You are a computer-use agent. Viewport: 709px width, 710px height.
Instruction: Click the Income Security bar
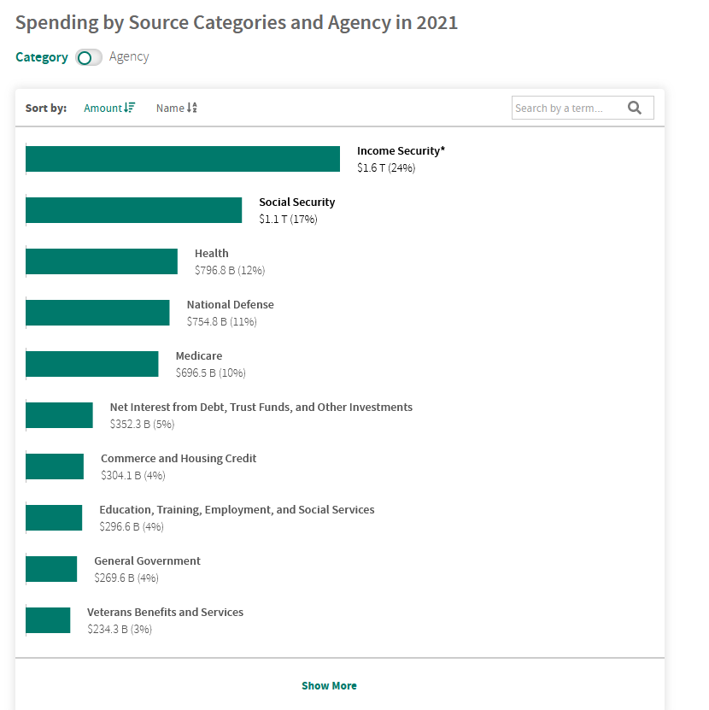coord(183,159)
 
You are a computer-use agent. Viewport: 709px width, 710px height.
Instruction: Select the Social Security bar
coord(134,210)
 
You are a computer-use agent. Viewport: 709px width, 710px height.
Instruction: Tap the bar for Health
coord(102,261)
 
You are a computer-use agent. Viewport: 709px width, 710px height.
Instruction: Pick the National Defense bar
coord(97,313)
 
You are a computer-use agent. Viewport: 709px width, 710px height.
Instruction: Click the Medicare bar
coord(92,364)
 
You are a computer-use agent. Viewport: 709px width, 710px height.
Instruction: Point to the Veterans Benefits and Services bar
coord(48,620)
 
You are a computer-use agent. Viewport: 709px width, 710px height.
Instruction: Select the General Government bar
coord(51,569)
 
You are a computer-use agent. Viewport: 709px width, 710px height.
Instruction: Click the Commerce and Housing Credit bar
coord(55,466)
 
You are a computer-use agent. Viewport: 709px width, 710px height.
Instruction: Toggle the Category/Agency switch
coord(88,57)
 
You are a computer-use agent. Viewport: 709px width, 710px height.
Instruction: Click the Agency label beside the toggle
coord(129,56)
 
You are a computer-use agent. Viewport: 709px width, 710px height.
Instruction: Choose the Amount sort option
coord(109,108)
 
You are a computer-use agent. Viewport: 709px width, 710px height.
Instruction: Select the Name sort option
coord(177,108)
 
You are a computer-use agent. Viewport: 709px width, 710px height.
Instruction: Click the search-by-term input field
coord(565,108)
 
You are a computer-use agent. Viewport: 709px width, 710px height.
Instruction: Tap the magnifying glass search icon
coord(634,108)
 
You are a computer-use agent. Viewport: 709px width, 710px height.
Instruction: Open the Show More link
coord(329,685)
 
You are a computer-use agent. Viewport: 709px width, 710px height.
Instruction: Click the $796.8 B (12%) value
coord(230,270)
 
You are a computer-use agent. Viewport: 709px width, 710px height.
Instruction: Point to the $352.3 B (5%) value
coord(142,424)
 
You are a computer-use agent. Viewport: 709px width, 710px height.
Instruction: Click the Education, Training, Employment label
coord(237,509)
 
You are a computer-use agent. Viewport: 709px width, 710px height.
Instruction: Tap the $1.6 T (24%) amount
coord(386,167)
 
